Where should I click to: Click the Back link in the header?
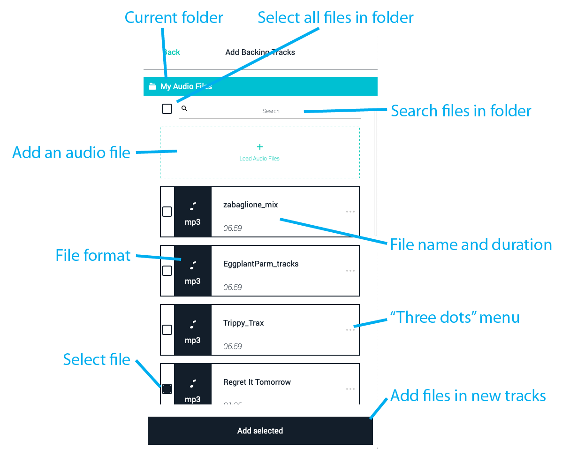172,52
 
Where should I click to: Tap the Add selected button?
260,431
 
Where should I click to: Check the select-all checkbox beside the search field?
167,109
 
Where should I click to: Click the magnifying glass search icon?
184,108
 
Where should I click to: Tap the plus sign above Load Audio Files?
260,147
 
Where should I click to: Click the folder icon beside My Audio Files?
152,86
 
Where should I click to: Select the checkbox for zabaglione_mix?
167,212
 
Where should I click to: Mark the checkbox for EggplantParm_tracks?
167,271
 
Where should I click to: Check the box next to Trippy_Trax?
167,330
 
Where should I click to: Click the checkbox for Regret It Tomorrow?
167,389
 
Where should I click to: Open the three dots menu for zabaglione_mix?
350,212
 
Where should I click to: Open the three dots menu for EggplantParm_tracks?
350,271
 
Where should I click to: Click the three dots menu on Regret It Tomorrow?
350,389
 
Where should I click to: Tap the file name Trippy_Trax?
243,323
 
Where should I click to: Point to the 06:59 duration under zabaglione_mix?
233,228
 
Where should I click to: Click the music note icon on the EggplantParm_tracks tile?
193,266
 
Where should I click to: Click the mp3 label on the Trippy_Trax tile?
193,340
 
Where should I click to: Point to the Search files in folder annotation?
461,111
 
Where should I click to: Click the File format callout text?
93,256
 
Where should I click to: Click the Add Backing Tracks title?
260,52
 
